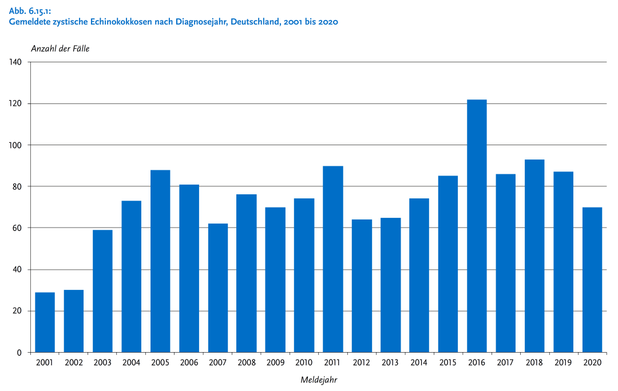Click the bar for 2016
pos(477,226)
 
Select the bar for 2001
pos(45,322)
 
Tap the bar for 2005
pos(160,261)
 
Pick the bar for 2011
pos(333,259)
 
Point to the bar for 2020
pos(592,280)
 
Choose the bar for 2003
pos(102,291)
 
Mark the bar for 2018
pos(534,256)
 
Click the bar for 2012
pos(362,286)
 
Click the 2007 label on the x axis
pos(218,362)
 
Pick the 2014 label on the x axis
pos(419,362)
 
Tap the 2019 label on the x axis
pos(563,362)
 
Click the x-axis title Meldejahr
pos(318,380)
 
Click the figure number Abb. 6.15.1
pos(30,11)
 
